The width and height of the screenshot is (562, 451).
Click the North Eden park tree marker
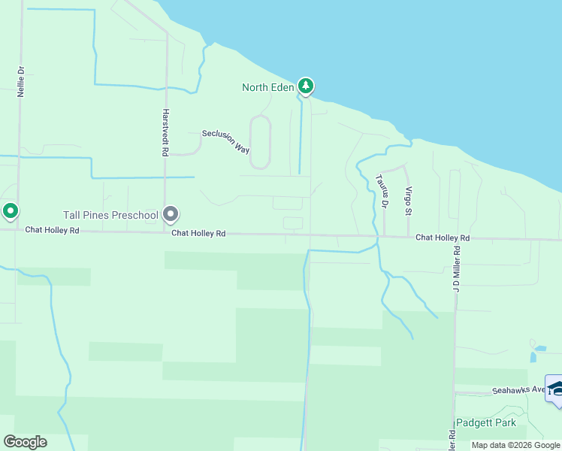point(305,86)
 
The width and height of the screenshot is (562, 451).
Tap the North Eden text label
point(267,88)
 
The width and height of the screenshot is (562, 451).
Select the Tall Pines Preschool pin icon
point(171,216)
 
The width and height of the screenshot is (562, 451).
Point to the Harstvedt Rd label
point(165,132)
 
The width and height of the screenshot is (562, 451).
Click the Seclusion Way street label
point(225,141)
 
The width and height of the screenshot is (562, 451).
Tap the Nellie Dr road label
point(21,81)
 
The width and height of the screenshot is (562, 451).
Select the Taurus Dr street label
point(382,191)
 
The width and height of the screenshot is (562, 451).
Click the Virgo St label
point(408,200)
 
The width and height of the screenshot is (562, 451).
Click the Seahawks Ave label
point(518,390)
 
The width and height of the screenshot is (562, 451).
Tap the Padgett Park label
point(486,422)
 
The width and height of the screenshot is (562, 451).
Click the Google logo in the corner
point(25,442)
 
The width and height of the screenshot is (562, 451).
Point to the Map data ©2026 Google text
point(515,445)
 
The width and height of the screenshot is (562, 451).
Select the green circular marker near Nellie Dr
point(11,212)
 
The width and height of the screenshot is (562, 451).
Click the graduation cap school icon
point(555,389)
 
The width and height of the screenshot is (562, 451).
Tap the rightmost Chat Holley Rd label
point(443,238)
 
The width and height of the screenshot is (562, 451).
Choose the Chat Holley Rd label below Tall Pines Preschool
point(198,233)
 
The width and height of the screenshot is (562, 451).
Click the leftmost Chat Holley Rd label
point(52,230)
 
